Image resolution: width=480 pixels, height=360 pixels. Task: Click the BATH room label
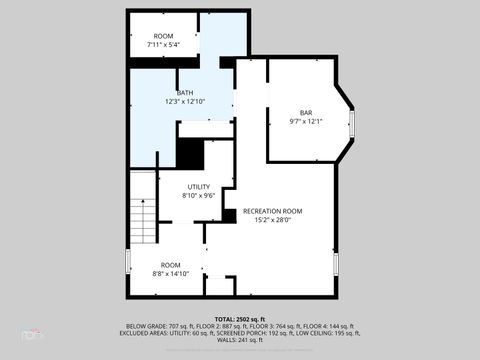185,92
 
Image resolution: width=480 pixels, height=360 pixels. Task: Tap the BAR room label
306,112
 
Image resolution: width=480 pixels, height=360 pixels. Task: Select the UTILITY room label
199,187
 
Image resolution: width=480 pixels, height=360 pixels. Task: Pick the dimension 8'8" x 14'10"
170,273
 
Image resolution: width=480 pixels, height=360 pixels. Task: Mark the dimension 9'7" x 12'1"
306,121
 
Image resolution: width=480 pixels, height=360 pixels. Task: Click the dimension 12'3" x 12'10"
185,101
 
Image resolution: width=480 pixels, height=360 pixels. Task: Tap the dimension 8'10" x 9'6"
199,196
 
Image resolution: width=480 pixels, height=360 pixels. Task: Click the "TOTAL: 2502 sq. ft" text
239,318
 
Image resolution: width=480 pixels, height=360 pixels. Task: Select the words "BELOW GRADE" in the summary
145,326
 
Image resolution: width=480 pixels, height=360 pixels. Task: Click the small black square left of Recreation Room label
229,215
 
